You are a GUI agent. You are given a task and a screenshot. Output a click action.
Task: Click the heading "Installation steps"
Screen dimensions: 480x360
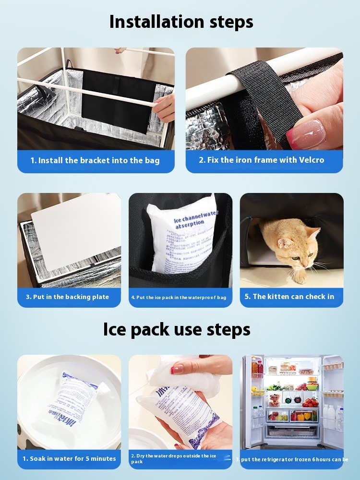pyautogui.click(x=181, y=22)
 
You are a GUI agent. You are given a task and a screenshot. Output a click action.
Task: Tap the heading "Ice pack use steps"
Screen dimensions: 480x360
pyautogui.click(x=177, y=329)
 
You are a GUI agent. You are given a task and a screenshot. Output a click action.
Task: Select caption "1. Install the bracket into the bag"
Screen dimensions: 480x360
pyautogui.click(x=95, y=160)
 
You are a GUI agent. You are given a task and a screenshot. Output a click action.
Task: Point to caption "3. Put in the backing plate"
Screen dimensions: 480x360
pyautogui.click(x=67, y=297)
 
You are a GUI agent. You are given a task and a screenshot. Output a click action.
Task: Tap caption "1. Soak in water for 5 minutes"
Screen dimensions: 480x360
pyautogui.click(x=69, y=458)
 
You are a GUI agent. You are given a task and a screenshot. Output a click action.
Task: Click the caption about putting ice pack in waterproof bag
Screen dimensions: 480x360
pyautogui.click(x=179, y=298)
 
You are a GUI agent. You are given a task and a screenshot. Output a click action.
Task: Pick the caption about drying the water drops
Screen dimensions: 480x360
pyautogui.click(x=174, y=458)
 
